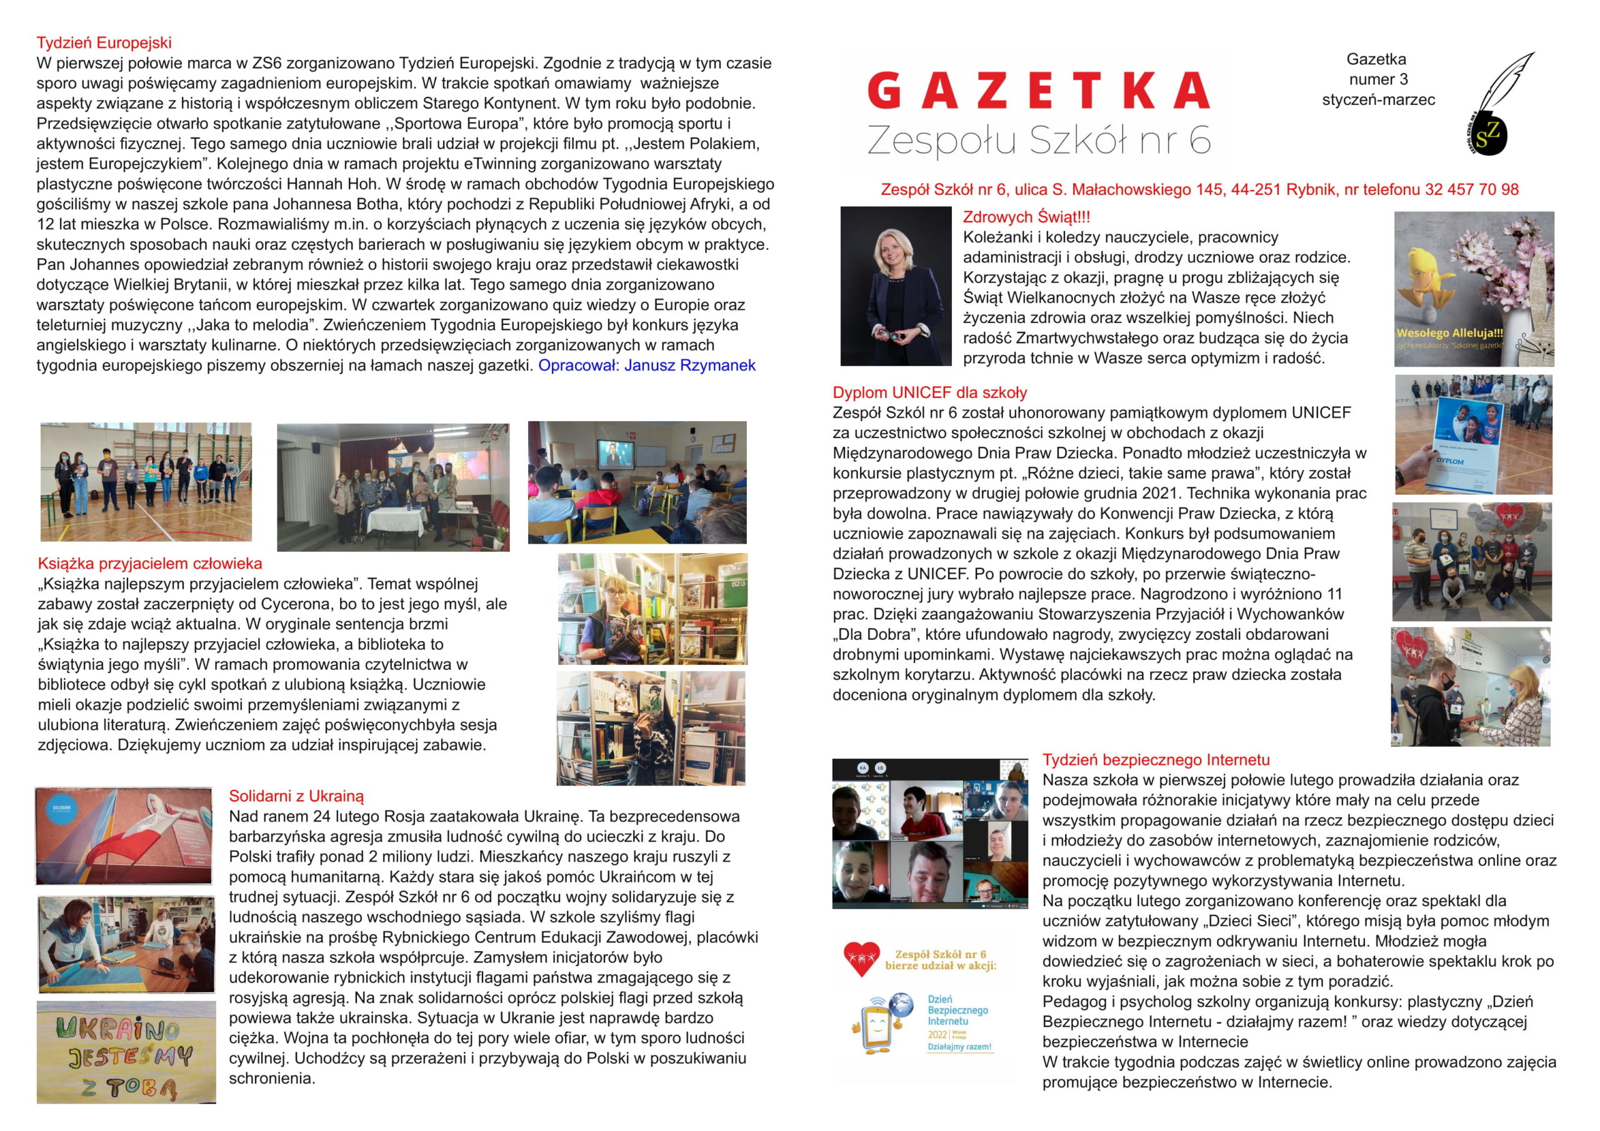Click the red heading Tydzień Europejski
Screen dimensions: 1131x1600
click(104, 43)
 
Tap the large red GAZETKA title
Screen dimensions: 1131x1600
click(1037, 92)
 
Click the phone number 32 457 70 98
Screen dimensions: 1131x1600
click(1472, 189)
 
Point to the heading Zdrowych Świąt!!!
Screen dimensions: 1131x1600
click(1026, 217)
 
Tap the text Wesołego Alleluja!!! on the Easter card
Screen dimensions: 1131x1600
click(1449, 333)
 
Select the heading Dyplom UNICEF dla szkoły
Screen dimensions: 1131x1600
click(929, 392)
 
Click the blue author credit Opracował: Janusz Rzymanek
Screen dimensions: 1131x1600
click(646, 365)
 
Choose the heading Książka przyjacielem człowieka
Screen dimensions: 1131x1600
click(150, 564)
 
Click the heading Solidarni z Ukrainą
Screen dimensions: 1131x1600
click(296, 797)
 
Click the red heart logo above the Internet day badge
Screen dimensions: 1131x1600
click(861, 958)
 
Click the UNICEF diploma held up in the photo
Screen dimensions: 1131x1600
click(1462, 439)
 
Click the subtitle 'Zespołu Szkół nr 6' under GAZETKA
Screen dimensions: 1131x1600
click(1037, 140)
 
